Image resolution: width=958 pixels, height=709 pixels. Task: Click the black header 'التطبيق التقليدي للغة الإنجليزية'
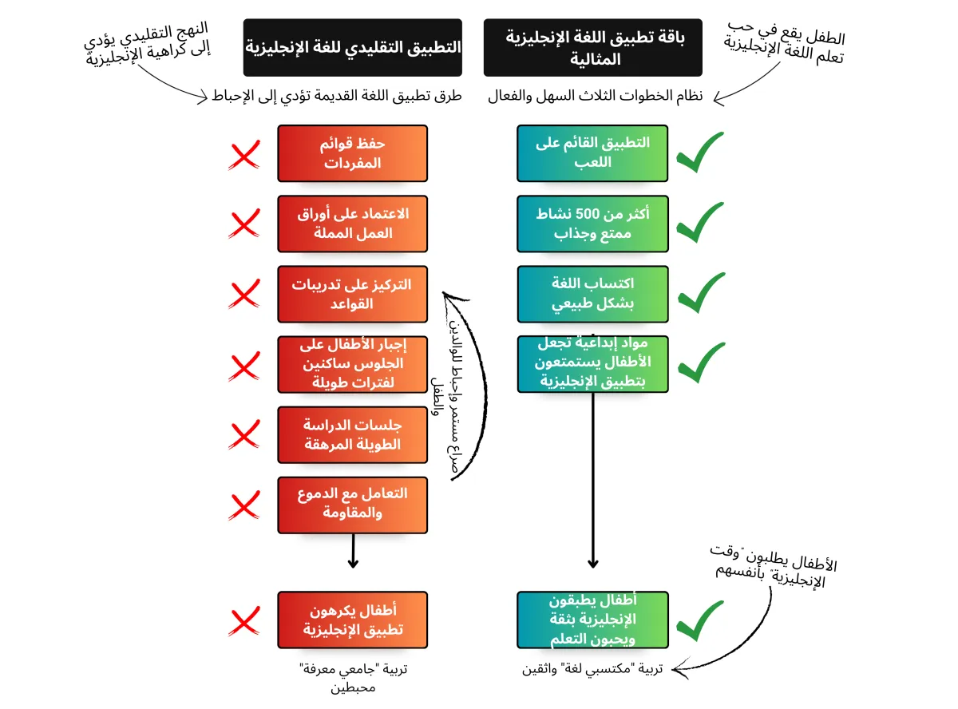[352, 48]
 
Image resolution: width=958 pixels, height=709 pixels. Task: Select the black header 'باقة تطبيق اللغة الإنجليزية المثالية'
[592, 48]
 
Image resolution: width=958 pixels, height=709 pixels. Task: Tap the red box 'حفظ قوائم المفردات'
[352, 153]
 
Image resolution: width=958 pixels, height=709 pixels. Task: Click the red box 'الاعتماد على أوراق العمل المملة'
[352, 224]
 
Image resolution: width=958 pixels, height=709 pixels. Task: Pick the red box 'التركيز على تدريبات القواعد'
[352, 294]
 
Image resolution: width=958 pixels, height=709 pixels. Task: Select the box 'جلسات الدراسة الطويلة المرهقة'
[352, 434]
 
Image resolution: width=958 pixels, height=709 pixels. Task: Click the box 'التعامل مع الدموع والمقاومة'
[352, 505]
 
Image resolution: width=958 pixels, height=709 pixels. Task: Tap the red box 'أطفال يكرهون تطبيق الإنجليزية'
[352, 620]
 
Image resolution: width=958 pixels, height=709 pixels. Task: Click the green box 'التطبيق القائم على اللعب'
[592, 152]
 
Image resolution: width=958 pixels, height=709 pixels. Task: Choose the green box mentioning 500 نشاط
[592, 224]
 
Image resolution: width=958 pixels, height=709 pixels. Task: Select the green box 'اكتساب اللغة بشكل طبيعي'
[592, 294]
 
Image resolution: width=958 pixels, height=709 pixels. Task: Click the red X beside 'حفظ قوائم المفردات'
[244, 156]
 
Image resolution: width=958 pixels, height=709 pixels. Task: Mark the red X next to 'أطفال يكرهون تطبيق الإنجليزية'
[244, 622]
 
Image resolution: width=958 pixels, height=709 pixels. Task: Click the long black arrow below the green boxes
[593, 479]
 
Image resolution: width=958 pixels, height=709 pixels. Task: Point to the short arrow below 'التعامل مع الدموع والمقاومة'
[352, 552]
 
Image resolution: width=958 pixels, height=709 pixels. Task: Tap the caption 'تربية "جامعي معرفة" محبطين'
[352, 678]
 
